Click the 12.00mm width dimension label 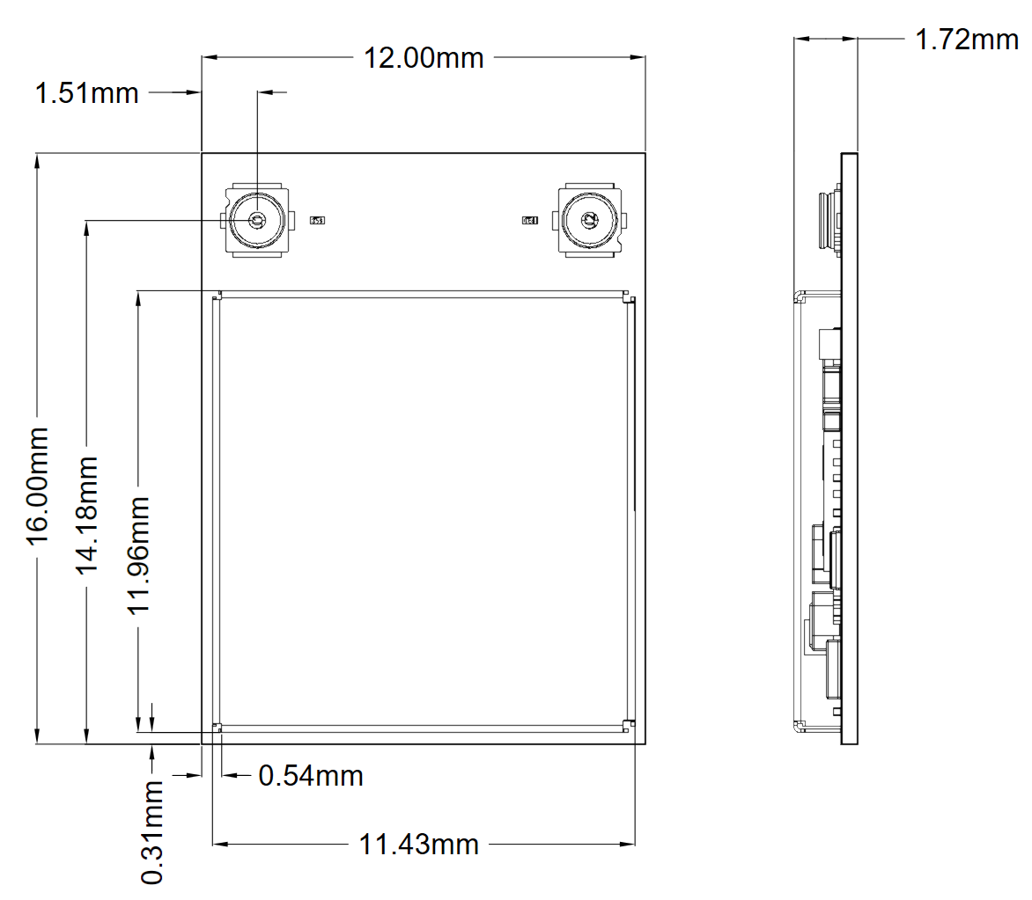tap(424, 58)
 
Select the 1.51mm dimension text tap(86, 92)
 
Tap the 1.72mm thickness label tap(967, 40)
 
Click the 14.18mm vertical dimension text tap(87, 515)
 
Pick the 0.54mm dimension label tap(310, 776)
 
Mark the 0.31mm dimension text tap(152, 832)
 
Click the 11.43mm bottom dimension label tap(418, 845)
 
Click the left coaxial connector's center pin tap(257, 220)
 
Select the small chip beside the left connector tap(317, 220)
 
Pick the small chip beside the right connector tap(529, 220)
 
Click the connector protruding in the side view tap(828, 220)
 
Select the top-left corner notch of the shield tap(217, 298)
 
